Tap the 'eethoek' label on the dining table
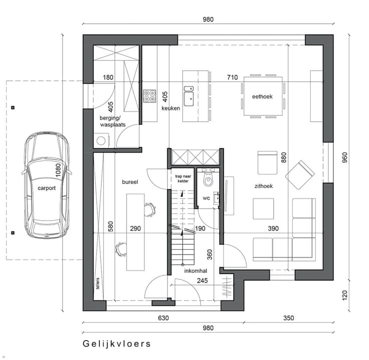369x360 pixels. (x=262, y=96)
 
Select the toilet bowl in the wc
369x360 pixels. (x=208, y=179)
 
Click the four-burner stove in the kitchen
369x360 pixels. (x=149, y=96)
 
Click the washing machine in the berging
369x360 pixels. (x=101, y=141)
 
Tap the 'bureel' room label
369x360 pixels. (x=130, y=182)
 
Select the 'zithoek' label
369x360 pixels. (x=264, y=186)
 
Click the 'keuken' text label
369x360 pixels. (x=170, y=108)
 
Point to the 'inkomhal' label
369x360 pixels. (x=196, y=271)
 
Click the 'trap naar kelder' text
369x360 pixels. (x=183, y=178)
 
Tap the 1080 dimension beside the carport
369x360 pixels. (x=58, y=170)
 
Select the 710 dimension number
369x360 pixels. (x=232, y=77)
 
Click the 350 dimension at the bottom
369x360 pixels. (x=288, y=318)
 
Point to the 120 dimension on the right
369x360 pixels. (x=345, y=295)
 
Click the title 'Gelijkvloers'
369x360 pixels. (x=117, y=344)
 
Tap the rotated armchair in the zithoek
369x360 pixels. (x=300, y=175)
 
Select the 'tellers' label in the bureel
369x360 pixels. (x=98, y=283)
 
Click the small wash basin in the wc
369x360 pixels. (x=216, y=198)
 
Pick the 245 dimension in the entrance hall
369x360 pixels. (x=203, y=280)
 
